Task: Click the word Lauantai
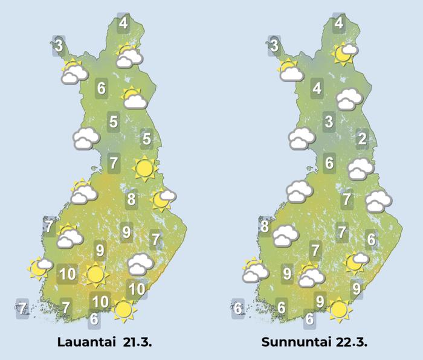click(x=85, y=342)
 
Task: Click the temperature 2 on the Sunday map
click(x=362, y=140)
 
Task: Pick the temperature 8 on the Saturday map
click(x=131, y=199)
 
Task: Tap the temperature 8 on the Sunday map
click(x=264, y=227)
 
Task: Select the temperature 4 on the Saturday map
click(x=123, y=24)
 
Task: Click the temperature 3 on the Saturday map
click(x=59, y=45)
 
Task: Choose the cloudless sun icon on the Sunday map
click(x=339, y=309)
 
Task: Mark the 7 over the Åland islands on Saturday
click(x=22, y=309)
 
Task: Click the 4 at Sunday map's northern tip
click(x=339, y=24)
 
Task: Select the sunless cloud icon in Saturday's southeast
click(x=141, y=263)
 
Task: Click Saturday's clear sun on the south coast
click(x=124, y=309)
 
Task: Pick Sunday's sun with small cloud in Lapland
click(x=345, y=54)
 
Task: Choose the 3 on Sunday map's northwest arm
click(x=274, y=45)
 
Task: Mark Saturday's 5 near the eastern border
click(x=146, y=140)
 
